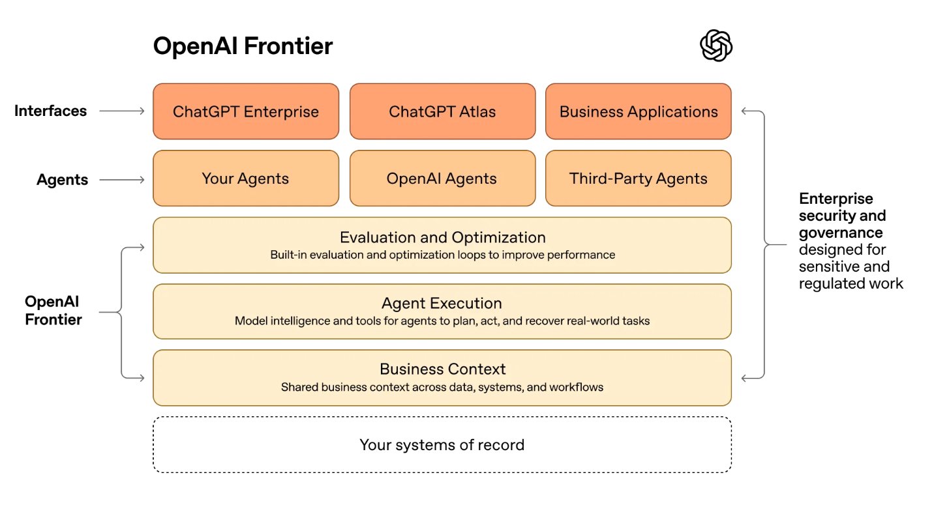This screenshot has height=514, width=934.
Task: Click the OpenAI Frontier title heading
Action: pyautogui.click(x=243, y=46)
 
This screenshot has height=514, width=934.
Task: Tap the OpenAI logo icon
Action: pyautogui.click(x=716, y=46)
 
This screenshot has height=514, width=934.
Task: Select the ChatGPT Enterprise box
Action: pyautogui.click(x=246, y=111)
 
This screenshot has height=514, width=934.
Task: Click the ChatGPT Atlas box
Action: pyautogui.click(x=442, y=111)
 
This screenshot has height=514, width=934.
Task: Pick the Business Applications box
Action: pyautogui.click(x=638, y=111)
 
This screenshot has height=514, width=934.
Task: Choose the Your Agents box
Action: pyautogui.click(x=246, y=178)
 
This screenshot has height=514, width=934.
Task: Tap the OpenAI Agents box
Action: pyautogui.click(x=442, y=178)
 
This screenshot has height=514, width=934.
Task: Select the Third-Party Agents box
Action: pyautogui.click(x=638, y=178)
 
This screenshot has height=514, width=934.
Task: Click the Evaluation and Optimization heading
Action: pyautogui.click(x=442, y=237)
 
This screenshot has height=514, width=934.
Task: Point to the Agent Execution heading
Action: pyautogui.click(x=442, y=304)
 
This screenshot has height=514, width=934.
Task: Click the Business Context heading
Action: pyautogui.click(x=442, y=369)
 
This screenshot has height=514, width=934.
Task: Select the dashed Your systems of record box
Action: pyautogui.click(x=442, y=445)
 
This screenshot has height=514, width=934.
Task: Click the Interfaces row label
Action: pyautogui.click(x=51, y=111)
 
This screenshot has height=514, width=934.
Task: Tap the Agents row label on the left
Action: pyautogui.click(x=63, y=180)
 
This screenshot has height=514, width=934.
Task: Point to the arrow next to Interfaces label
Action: pyautogui.click(x=122, y=111)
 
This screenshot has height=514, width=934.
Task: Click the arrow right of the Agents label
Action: pyautogui.click(x=122, y=180)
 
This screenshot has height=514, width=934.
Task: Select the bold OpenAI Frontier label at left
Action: pyautogui.click(x=53, y=310)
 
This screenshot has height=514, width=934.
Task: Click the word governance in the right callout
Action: pyautogui.click(x=841, y=233)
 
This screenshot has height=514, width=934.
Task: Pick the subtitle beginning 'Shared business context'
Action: pyautogui.click(x=442, y=387)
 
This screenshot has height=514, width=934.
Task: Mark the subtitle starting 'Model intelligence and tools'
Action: pyautogui.click(x=442, y=321)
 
